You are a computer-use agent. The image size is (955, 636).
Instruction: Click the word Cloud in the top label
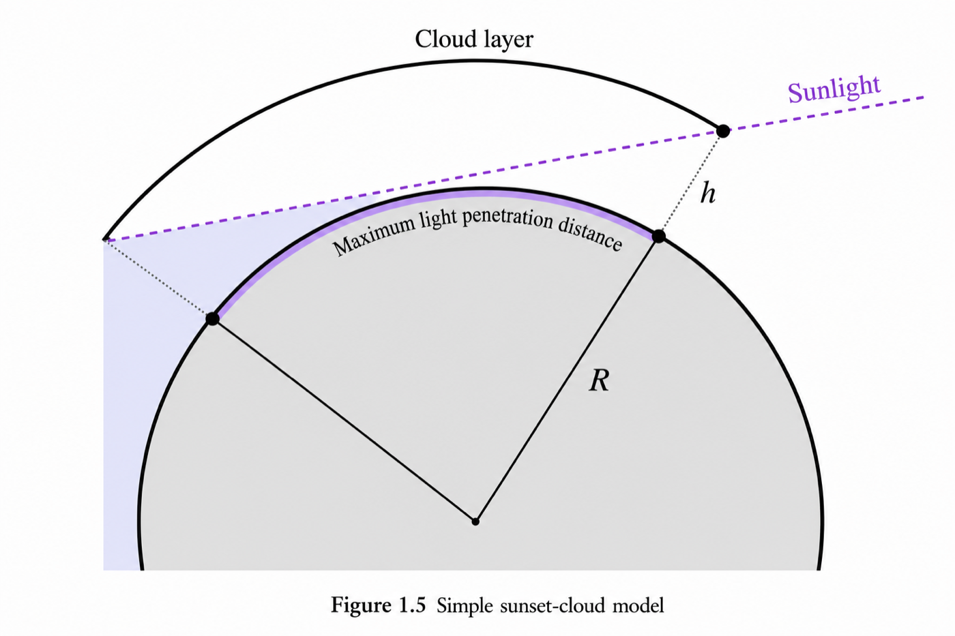click(443, 39)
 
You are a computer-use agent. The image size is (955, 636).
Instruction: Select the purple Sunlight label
click(834, 89)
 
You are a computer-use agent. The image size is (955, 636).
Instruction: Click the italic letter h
click(708, 193)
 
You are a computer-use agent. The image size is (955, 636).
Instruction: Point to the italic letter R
click(599, 380)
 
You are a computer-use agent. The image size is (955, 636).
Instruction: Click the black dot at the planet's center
click(475, 521)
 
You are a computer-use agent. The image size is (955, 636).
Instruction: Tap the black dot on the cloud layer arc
click(722, 131)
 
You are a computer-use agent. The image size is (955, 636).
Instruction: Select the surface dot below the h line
click(659, 236)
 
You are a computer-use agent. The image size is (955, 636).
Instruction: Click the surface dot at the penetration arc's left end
click(212, 318)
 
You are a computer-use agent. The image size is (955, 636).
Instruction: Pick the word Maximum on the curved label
click(374, 236)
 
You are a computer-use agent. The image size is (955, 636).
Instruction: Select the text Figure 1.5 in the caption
click(378, 605)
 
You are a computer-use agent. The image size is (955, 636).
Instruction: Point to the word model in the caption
click(638, 605)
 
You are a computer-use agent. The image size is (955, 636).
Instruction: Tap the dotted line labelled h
click(690, 183)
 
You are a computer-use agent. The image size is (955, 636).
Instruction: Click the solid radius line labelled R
click(567, 379)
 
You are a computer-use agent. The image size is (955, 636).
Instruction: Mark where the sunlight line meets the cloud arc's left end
click(104, 240)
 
